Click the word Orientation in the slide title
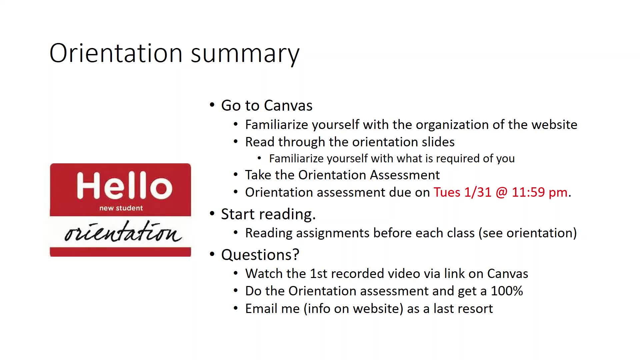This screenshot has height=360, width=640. pyautogui.click(x=116, y=53)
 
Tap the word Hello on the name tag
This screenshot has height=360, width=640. pyautogui.click(x=124, y=185)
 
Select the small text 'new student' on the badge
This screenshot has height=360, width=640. pyautogui.click(x=121, y=208)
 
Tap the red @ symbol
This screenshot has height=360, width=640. pyautogui.click(x=502, y=193)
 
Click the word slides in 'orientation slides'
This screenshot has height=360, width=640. pyautogui.click(x=438, y=142)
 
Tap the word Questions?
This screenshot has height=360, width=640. pyautogui.click(x=260, y=255)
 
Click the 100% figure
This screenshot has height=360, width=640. pyautogui.click(x=507, y=291)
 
